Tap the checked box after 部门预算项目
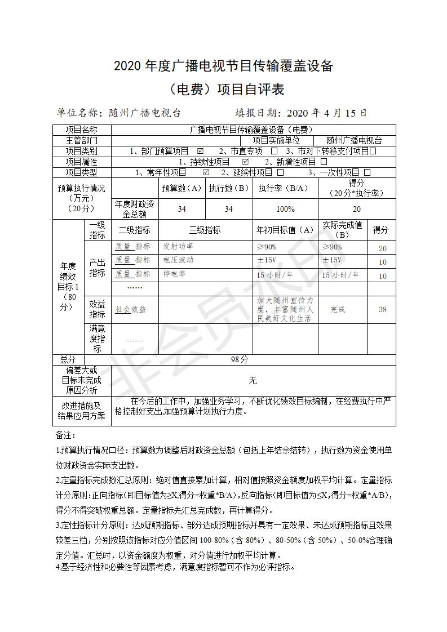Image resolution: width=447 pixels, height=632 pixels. [x=200, y=152]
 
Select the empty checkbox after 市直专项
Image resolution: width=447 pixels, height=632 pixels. [x=274, y=152]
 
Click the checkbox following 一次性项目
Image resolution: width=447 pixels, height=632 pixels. [x=368, y=172]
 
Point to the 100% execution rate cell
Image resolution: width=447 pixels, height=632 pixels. [x=285, y=209]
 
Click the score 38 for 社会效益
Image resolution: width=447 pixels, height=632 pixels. [x=382, y=309]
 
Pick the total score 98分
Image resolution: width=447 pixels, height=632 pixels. [x=240, y=359]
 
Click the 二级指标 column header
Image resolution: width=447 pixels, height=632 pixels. [x=134, y=230]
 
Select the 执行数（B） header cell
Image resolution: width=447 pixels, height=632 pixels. [x=229, y=188]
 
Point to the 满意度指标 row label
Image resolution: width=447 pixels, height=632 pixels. [x=98, y=339]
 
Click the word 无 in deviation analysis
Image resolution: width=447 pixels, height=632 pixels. [x=253, y=381]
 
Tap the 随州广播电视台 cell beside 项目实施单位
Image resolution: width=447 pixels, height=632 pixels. [x=354, y=141]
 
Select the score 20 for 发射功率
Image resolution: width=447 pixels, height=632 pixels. [x=382, y=248]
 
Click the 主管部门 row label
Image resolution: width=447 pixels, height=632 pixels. [x=82, y=141]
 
